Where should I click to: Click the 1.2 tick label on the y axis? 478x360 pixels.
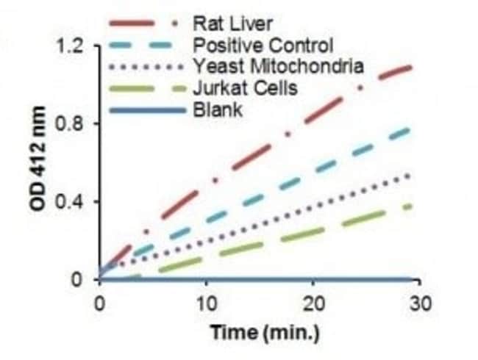click(71, 47)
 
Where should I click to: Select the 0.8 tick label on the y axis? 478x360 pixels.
click(71, 125)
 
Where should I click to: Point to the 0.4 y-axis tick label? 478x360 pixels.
click(71, 202)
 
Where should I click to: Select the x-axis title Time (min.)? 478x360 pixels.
click(265, 332)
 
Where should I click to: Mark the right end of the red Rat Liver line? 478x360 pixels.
click(410, 68)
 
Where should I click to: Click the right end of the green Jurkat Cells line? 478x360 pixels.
click(410, 206)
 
